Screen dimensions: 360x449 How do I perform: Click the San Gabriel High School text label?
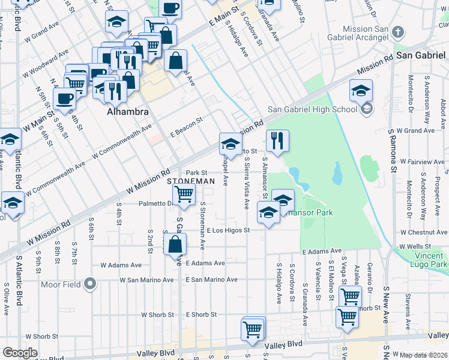pyautogui.click(x=312, y=109)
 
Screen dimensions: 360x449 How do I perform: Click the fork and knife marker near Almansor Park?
pyautogui.click(x=277, y=141)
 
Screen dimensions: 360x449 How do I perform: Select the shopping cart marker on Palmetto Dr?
pyautogui.click(x=184, y=194)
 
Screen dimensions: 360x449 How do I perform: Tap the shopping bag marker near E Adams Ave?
pyautogui.click(x=175, y=244)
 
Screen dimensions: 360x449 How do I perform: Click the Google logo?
pyautogui.click(x=20, y=353)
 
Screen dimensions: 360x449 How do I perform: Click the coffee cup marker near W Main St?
pyautogui.click(x=64, y=98)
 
